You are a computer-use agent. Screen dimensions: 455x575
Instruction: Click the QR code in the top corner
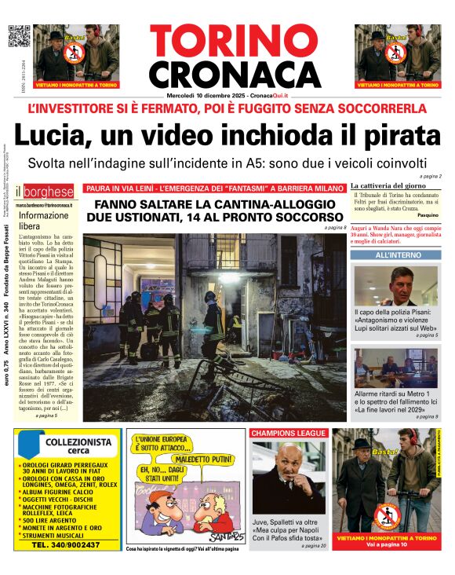18,36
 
